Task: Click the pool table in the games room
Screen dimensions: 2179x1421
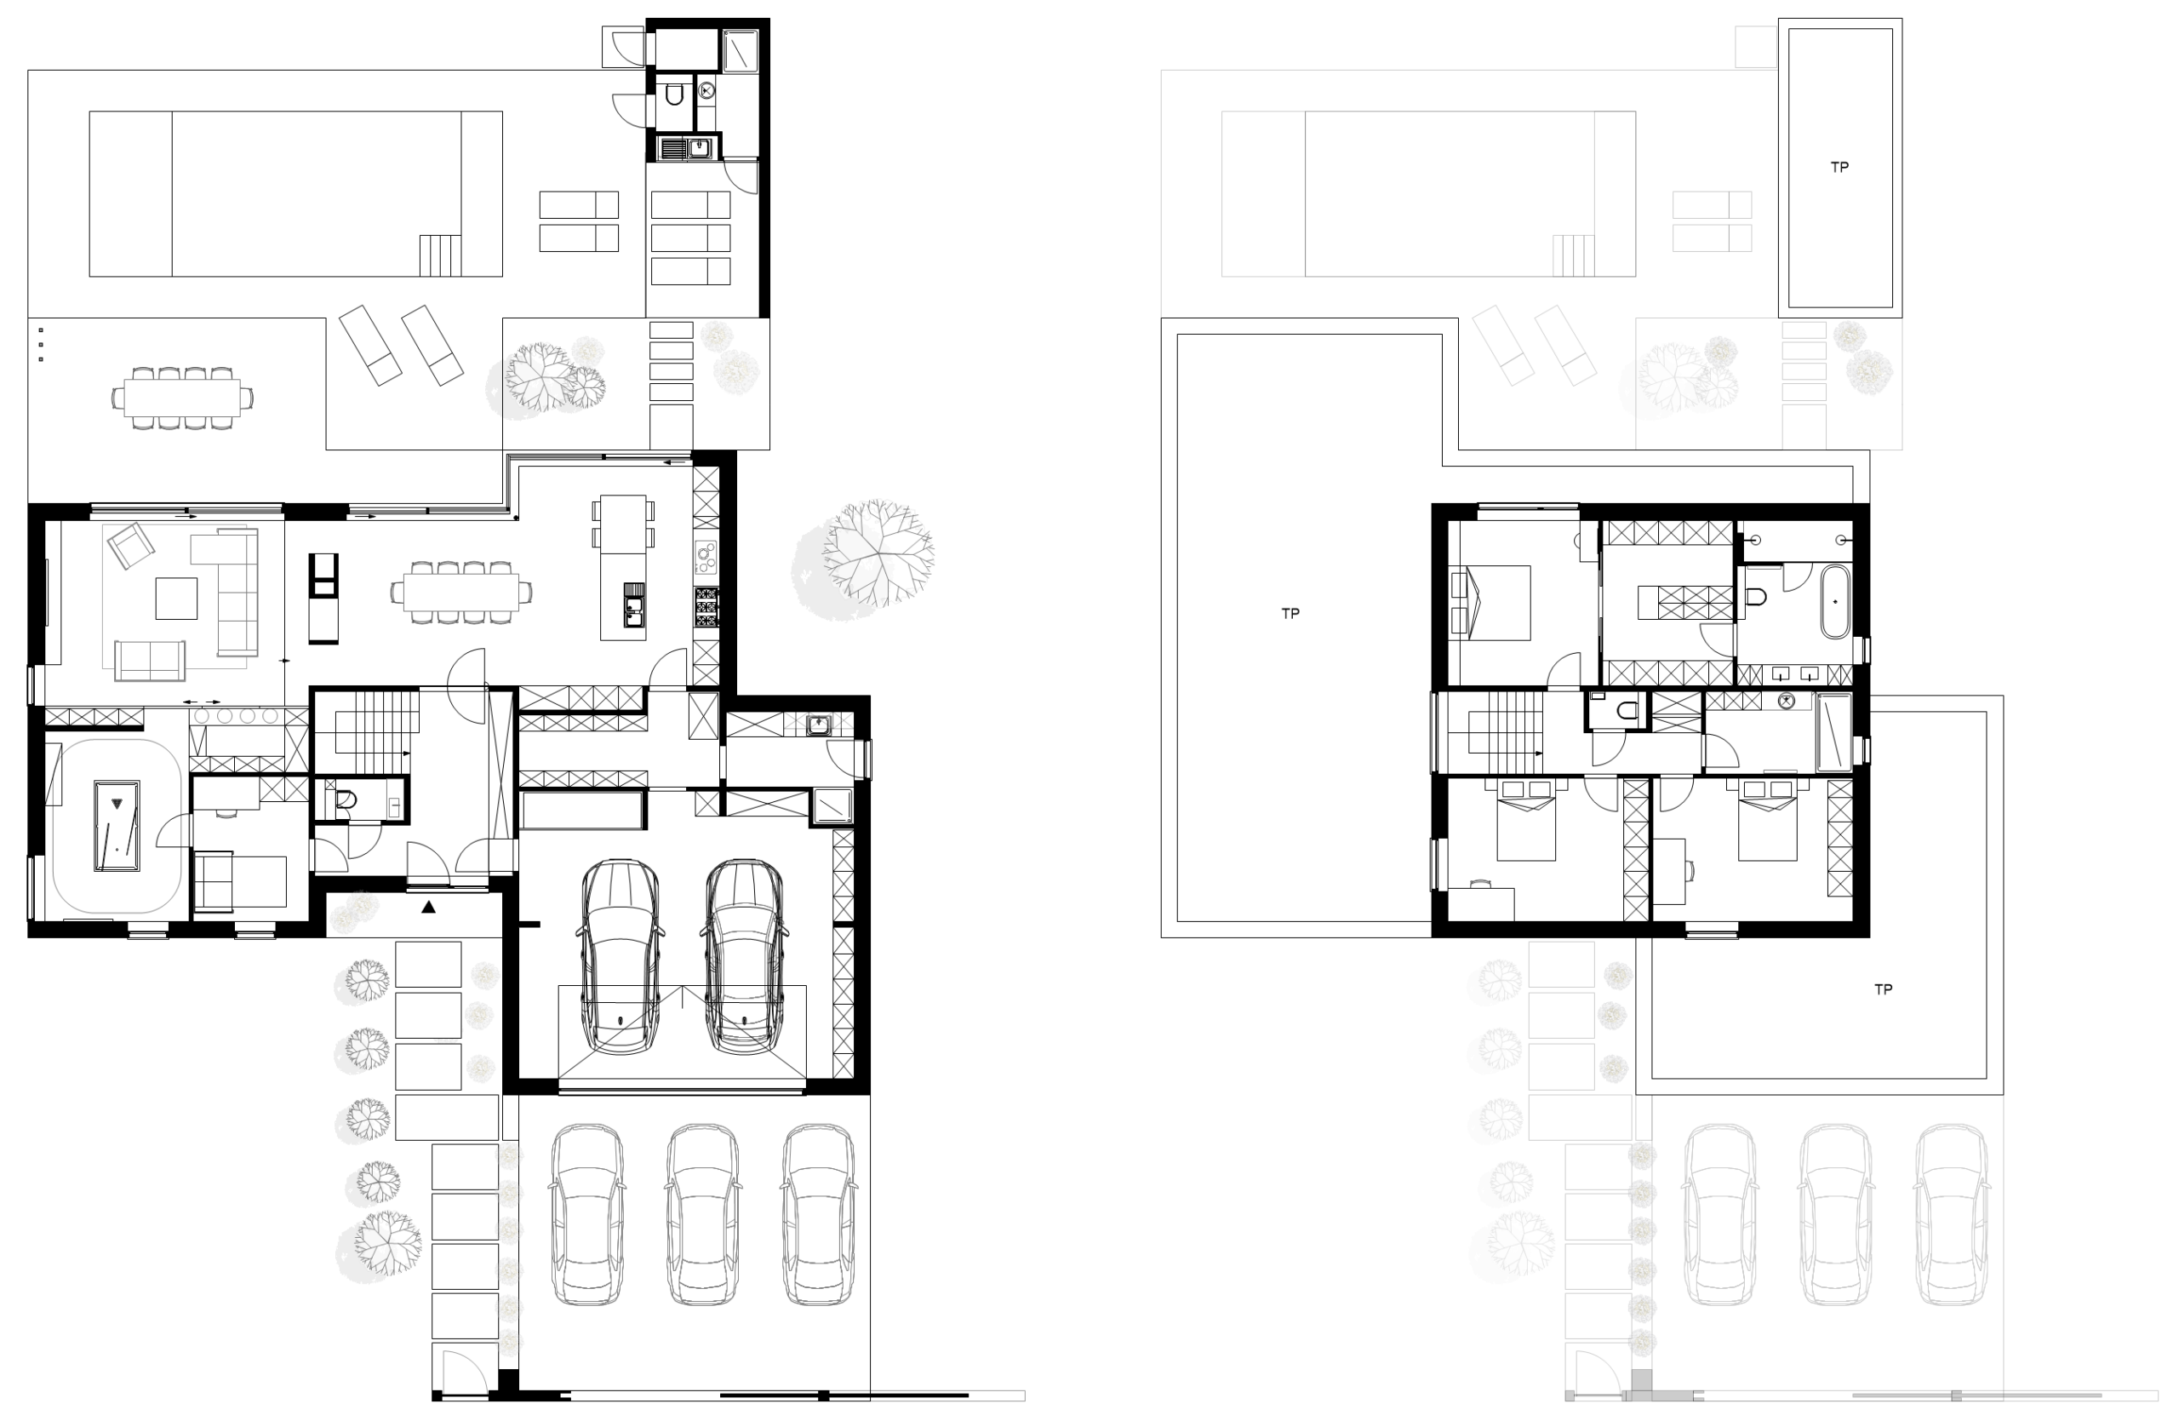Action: tap(117, 825)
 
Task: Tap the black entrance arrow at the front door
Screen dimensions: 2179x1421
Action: tap(428, 908)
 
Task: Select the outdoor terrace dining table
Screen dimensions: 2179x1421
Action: tap(182, 398)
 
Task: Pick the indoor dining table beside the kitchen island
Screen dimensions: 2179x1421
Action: tap(461, 593)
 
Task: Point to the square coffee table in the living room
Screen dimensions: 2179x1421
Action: tap(176, 598)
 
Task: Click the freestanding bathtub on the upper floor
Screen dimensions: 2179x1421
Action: tap(1835, 602)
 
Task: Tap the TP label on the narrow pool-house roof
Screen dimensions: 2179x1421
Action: tap(1839, 168)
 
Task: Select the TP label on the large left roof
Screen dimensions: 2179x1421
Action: tap(1290, 614)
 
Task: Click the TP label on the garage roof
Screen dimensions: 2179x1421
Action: tap(1884, 988)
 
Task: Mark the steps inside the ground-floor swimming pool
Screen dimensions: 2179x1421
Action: tap(440, 255)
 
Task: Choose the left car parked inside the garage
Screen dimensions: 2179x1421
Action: tap(620, 956)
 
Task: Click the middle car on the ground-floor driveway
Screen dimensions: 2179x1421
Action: tap(702, 1214)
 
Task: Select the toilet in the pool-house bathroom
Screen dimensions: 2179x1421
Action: tap(675, 94)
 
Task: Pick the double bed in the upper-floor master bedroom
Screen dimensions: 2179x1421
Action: tap(1490, 603)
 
